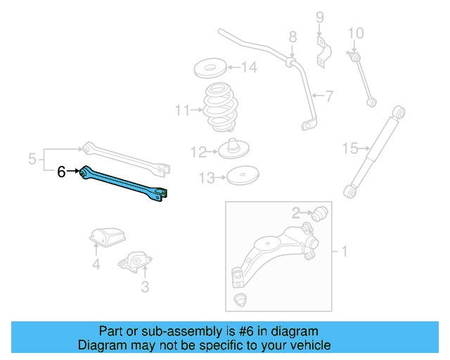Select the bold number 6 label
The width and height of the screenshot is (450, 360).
(62, 171)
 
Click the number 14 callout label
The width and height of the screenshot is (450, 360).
(249, 68)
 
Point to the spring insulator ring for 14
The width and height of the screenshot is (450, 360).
(210, 70)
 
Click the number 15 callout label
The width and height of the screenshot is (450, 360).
(350, 148)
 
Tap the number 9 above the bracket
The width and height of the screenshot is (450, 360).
(319, 17)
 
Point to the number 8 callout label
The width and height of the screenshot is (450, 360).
(292, 37)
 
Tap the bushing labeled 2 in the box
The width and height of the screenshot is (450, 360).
(320, 212)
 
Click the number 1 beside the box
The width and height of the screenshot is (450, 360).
(345, 250)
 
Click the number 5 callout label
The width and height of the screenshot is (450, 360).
(32, 160)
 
